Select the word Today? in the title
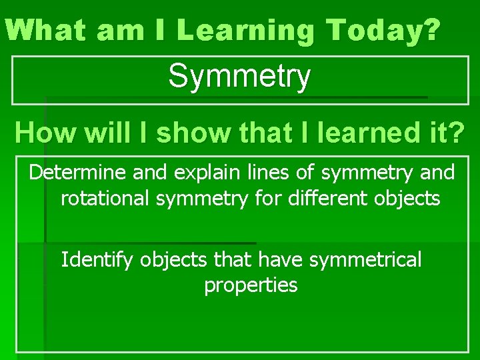click(x=385, y=31)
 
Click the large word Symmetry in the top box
click(x=239, y=77)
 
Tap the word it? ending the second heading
click(x=449, y=133)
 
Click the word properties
click(x=251, y=285)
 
